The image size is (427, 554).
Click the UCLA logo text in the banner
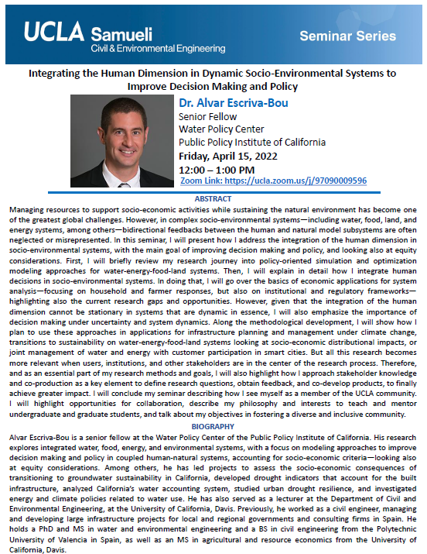(54, 33)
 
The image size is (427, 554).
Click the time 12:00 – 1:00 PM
(218, 169)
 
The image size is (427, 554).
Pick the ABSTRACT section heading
(213, 199)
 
